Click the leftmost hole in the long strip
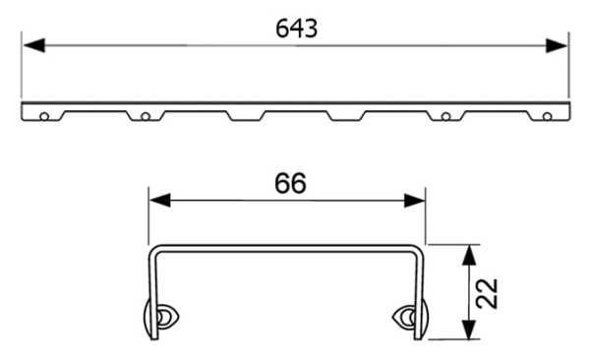[43, 117]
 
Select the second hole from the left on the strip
[145, 117]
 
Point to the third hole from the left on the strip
[445, 117]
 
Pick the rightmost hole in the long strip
[547, 117]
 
